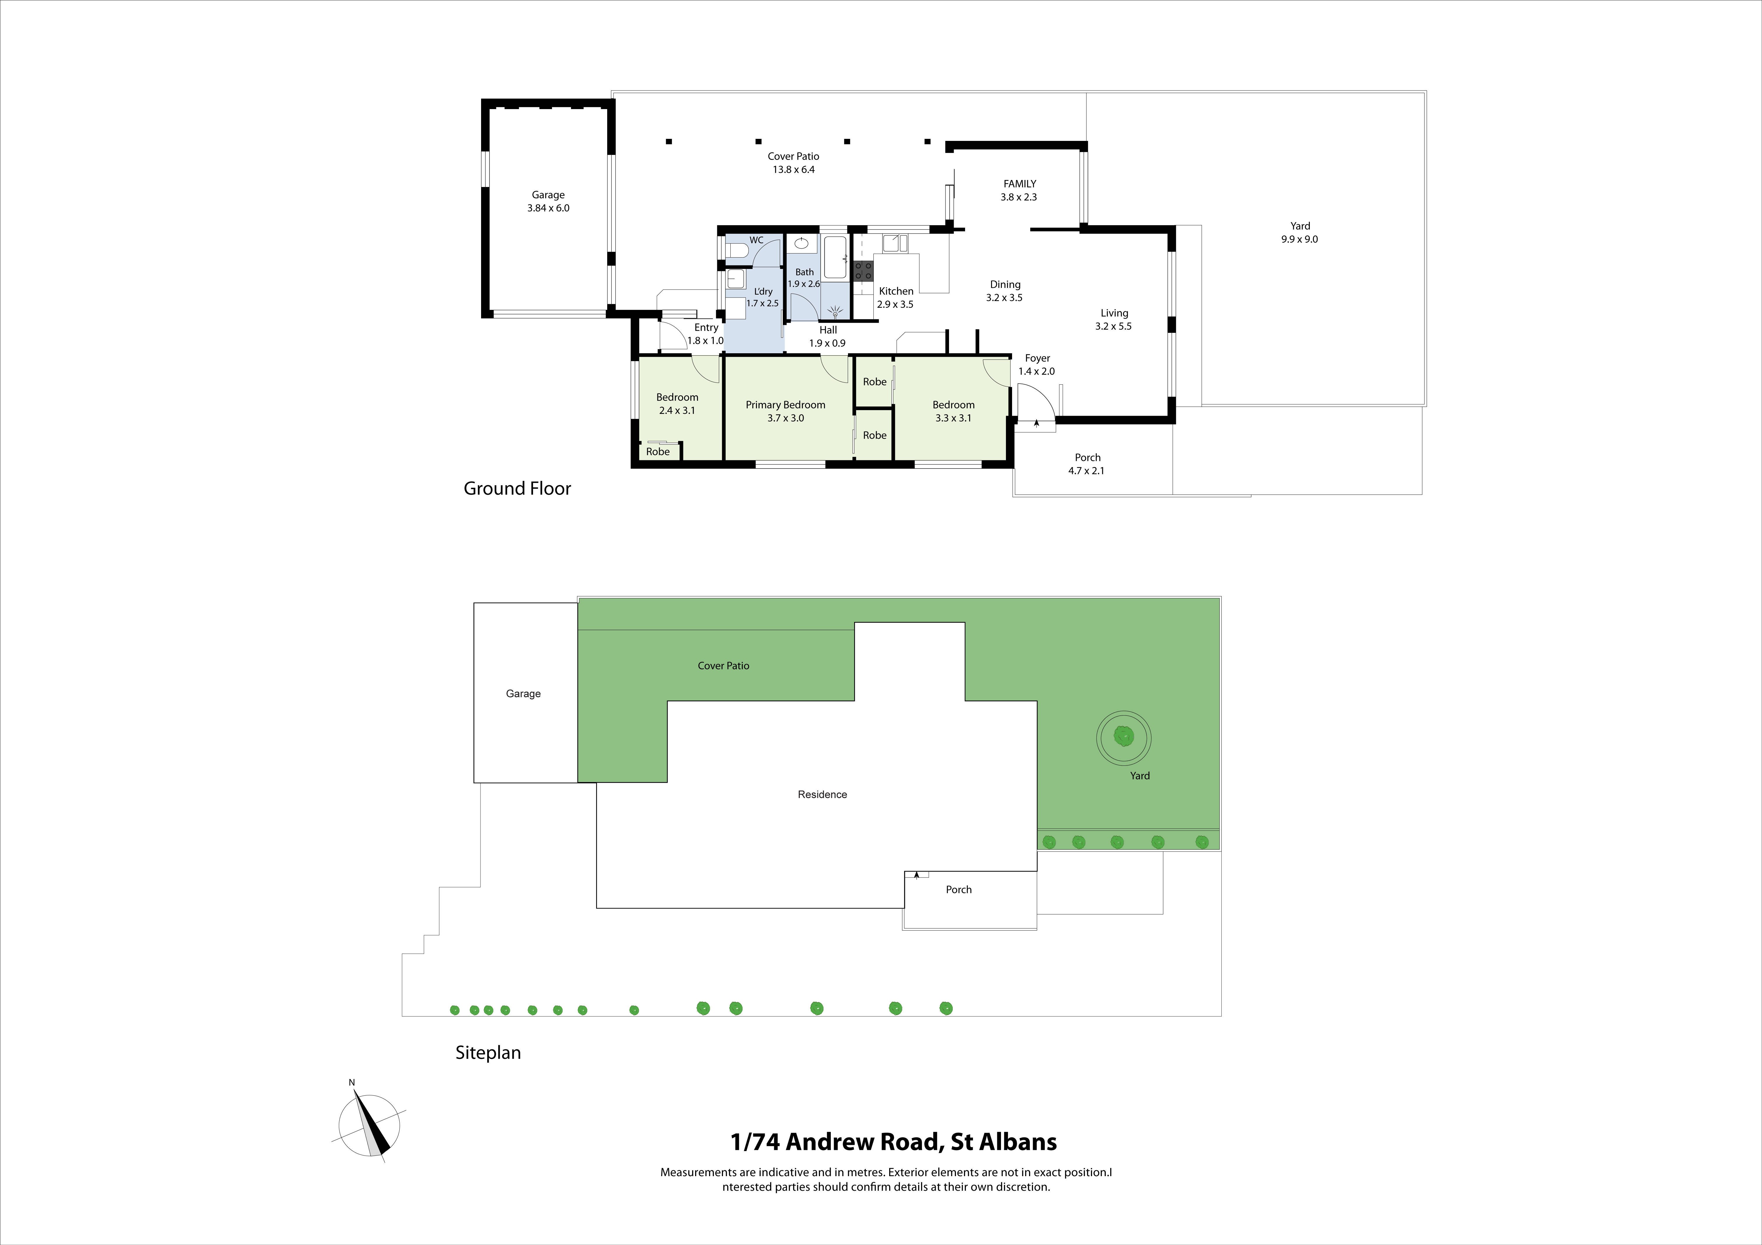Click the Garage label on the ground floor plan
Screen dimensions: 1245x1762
548,195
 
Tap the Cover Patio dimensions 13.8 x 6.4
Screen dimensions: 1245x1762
793,169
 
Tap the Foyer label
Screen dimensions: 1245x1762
1037,358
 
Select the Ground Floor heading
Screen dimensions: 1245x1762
517,489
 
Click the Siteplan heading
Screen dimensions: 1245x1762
488,1052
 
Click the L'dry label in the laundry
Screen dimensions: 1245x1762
763,291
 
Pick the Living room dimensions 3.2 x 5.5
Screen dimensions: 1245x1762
1114,326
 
